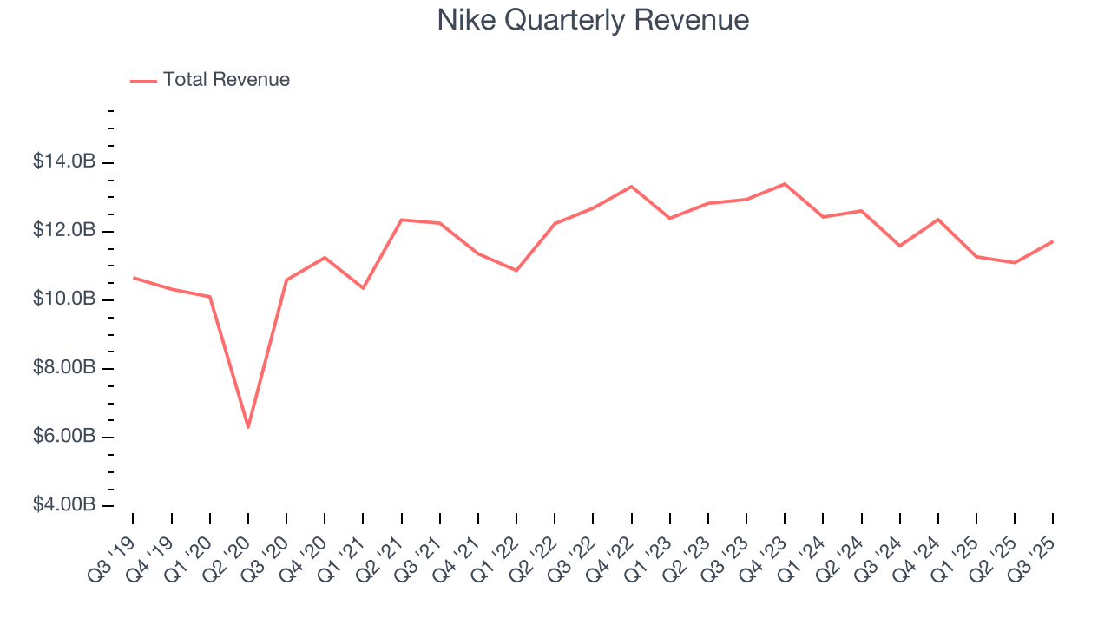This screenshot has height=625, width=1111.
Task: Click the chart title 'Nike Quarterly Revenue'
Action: point(593,20)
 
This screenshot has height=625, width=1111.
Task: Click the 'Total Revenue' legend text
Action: point(226,80)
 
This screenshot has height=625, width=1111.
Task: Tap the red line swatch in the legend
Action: point(143,81)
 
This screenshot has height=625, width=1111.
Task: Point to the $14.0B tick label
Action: point(64,162)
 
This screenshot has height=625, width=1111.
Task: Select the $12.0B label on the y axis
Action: point(64,231)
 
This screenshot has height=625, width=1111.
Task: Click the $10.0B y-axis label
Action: point(64,299)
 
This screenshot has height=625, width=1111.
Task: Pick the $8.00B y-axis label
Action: point(64,368)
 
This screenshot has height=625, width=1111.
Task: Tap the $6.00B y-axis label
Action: point(64,437)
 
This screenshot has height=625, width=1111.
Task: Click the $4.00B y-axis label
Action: point(64,505)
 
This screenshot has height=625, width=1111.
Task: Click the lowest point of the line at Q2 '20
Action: point(248,427)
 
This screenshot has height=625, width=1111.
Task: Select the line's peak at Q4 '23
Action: point(785,184)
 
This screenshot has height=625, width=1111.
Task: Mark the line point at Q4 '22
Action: point(631,187)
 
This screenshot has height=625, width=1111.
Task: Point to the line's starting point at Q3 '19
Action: point(133,278)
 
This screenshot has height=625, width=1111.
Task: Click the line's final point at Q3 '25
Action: point(1053,241)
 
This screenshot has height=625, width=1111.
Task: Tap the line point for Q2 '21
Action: point(401,220)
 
